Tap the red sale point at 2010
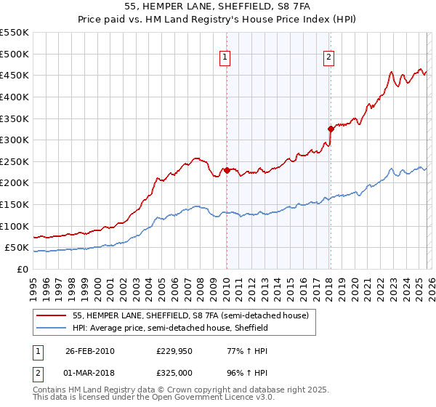[226, 170]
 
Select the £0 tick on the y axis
[22, 270]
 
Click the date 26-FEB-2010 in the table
[89, 351]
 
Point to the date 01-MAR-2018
[89, 374]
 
